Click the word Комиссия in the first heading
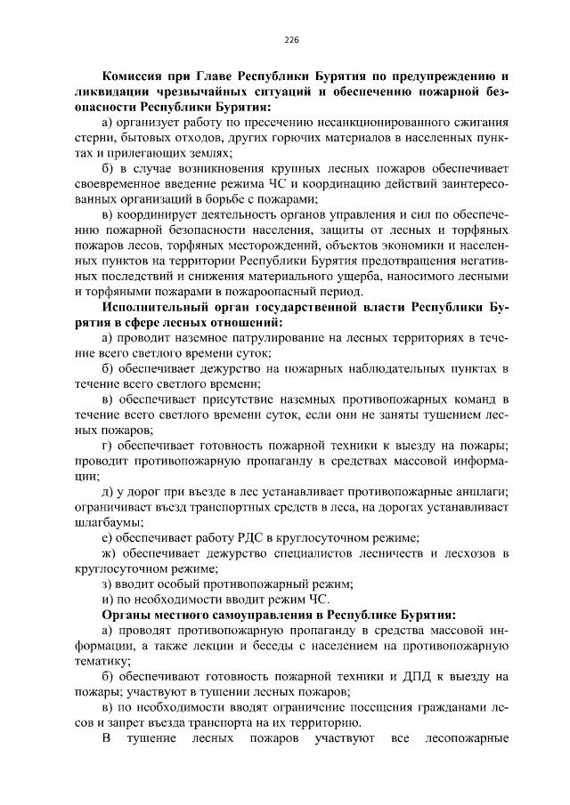[136, 77]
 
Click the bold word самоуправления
[265, 614]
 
